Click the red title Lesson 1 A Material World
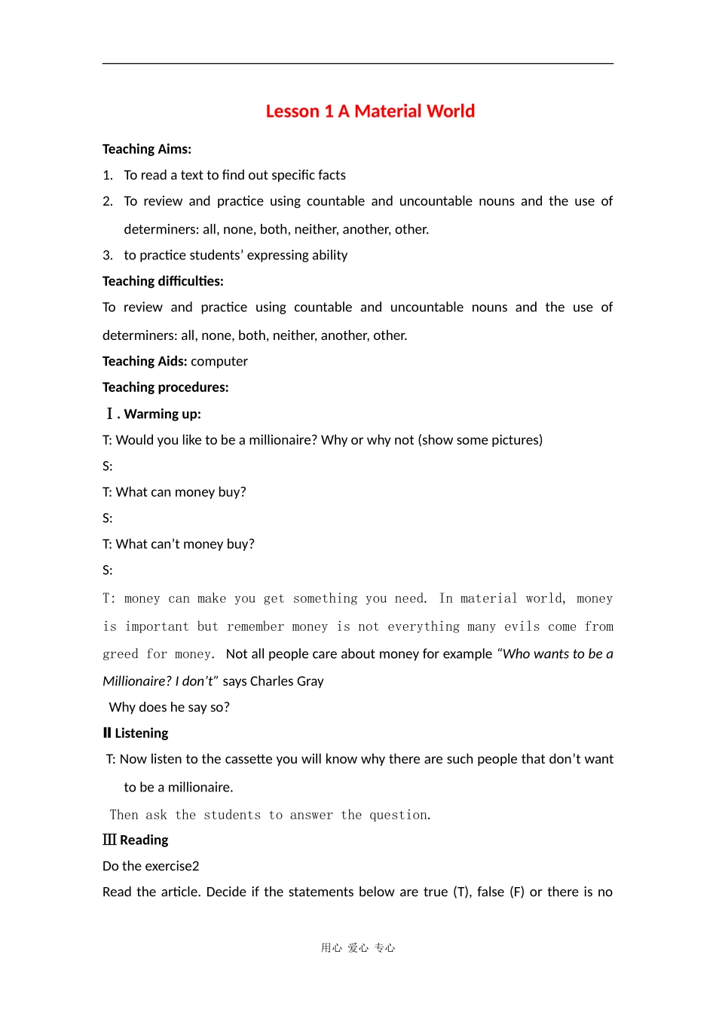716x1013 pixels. click(370, 112)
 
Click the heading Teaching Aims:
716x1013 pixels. click(147, 149)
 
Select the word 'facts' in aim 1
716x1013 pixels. click(330, 175)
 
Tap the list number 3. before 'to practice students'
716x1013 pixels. click(108, 256)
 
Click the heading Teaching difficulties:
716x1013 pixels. click(163, 281)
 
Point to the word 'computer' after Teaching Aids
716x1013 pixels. click(219, 361)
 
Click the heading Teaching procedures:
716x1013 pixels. click(165, 387)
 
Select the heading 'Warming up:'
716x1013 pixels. click(162, 414)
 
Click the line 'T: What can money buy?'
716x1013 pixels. click(174, 492)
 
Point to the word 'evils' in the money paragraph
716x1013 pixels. click(522, 626)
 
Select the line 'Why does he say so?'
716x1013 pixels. click(169, 707)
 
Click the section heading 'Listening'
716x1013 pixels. click(141, 733)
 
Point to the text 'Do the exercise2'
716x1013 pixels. click(151, 866)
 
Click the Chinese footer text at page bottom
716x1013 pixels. click(358, 948)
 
